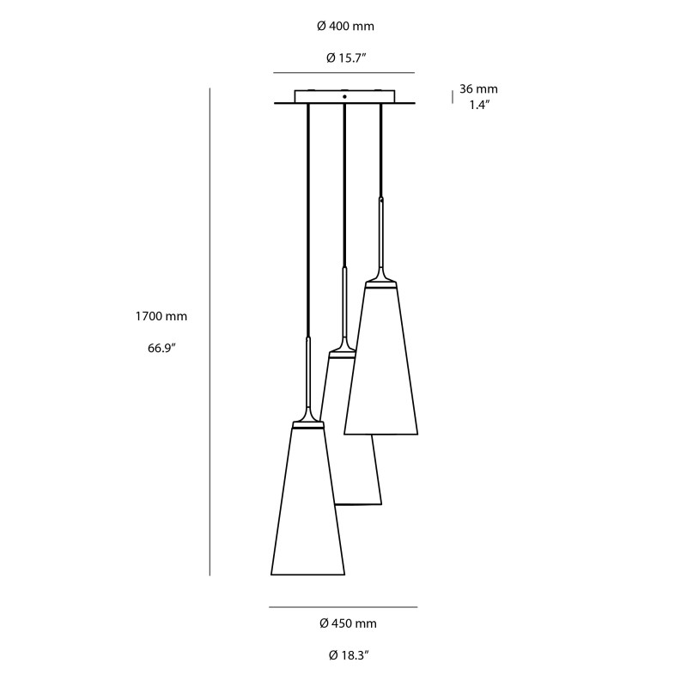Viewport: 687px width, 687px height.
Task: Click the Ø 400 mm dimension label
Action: pos(345,27)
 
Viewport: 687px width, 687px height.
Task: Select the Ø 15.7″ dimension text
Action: pos(345,58)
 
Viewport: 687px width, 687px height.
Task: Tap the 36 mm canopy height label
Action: pos(478,89)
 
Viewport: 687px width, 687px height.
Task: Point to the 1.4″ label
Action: pos(478,105)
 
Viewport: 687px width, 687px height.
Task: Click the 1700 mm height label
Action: pos(161,316)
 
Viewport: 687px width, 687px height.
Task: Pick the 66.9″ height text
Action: pos(161,349)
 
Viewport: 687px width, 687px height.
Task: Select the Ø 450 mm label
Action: pos(347,623)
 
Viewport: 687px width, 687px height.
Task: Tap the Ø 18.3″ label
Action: pos(347,655)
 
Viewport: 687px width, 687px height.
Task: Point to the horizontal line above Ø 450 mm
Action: pos(343,608)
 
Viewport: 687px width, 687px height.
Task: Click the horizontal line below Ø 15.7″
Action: pos(343,73)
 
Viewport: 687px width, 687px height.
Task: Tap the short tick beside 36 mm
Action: pos(453,97)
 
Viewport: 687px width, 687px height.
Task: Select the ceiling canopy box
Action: pos(343,97)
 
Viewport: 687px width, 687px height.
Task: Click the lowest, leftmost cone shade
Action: pos(307,507)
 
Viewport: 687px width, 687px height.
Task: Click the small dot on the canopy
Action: pos(344,97)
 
